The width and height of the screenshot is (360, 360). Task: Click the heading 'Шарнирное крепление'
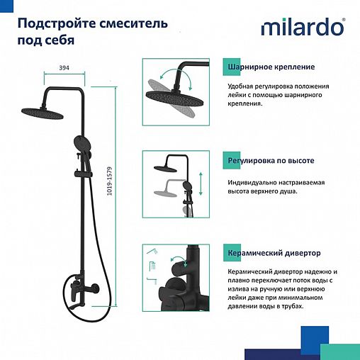click(271, 67)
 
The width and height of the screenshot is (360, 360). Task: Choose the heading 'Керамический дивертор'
click(274, 253)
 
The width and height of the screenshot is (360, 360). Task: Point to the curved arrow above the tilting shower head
click(167, 75)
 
